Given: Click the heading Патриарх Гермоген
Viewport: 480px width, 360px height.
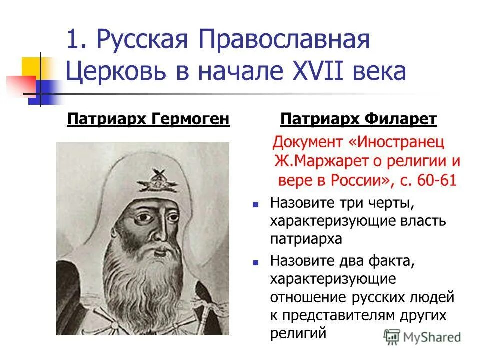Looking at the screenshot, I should pyautogui.click(x=148, y=120).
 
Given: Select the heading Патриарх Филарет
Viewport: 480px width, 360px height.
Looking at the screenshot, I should pyautogui.click(x=358, y=120).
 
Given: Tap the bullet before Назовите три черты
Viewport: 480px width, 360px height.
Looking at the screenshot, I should pyautogui.click(x=256, y=204).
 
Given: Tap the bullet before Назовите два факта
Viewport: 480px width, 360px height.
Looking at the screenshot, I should pyautogui.click(x=256, y=261).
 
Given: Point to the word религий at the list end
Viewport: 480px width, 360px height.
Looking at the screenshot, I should pyautogui.click(x=298, y=333).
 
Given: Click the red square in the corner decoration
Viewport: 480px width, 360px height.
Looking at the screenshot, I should pyautogui.click(x=20, y=84).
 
